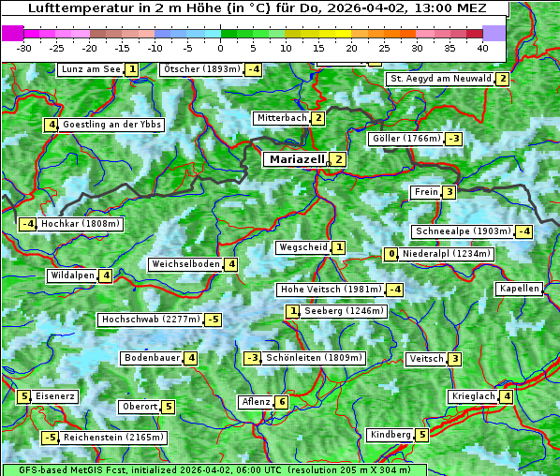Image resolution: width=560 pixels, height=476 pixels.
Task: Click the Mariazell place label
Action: click(x=297, y=159)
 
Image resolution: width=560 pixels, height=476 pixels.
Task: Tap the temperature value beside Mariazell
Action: click(x=338, y=159)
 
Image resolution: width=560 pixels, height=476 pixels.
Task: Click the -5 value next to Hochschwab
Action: click(x=214, y=320)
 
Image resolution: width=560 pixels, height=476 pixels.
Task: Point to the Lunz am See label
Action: click(x=91, y=69)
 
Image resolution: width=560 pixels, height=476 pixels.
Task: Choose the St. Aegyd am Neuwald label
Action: click(x=440, y=79)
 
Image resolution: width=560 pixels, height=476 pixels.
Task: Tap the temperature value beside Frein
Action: click(x=449, y=192)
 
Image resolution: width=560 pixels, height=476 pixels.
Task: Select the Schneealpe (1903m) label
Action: click(x=463, y=231)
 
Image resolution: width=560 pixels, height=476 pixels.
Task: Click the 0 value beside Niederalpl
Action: click(x=391, y=254)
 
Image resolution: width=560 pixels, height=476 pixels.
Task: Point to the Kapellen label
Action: click(x=520, y=289)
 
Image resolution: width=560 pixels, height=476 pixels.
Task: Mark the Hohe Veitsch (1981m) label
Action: click(x=330, y=290)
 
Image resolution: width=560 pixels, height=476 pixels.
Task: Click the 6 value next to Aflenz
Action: click(x=281, y=402)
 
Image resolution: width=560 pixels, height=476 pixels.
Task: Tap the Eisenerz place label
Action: click(x=55, y=396)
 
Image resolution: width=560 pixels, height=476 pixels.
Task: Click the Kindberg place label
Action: click(x=391, y=435)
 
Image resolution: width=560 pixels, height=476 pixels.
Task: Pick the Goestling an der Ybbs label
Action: click(x=111, y=125)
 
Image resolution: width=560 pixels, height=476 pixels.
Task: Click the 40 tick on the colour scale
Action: click(x=482, y=47)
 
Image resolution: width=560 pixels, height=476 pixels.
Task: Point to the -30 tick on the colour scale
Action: click(x=24, y=47)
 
